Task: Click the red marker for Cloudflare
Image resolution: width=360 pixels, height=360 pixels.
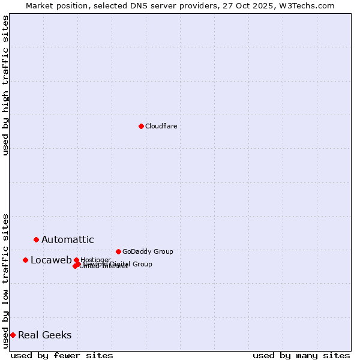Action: pyautogui.click(x=141, y=126)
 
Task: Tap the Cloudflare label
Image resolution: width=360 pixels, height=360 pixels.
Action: pyautogui.click(x=161, y=126)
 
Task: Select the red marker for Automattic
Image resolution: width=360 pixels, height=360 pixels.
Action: pyautogui.click(x=36, y=239)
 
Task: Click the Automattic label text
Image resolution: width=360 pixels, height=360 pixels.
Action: pyautogui.click(x=67, y=240)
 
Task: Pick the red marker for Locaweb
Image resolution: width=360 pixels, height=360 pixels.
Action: pyautogui.click(x=25, y=260)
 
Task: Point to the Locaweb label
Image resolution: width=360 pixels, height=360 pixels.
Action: pyautogui.click(x=51, y=260)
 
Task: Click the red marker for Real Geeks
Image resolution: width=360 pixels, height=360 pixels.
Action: pyautogui.click(x=13, y=335)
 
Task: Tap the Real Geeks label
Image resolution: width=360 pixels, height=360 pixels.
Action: pyautogui.click(x=44, y=335)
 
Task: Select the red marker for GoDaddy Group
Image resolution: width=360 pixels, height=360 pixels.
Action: pyautogui.click(x=118, y=251)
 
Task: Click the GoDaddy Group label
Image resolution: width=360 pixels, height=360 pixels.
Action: pyautogui.click(x=147, y=251)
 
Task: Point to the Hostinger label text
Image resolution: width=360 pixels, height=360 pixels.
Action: pyautogui.click(x=95, y=260)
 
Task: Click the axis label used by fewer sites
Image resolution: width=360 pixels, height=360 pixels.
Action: pyautogui.click(x=62, y=355)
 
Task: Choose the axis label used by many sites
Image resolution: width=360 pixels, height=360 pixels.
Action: pyautogui.click(x=301, y=355)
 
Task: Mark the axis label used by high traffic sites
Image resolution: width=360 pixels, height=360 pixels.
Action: pyautogui.click(x=5, y=85)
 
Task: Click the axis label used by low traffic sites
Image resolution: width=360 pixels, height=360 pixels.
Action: pyautogui.click(x=5, y=280)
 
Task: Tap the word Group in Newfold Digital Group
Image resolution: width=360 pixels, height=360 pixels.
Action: pyautogui.click(x=142, y=264)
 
